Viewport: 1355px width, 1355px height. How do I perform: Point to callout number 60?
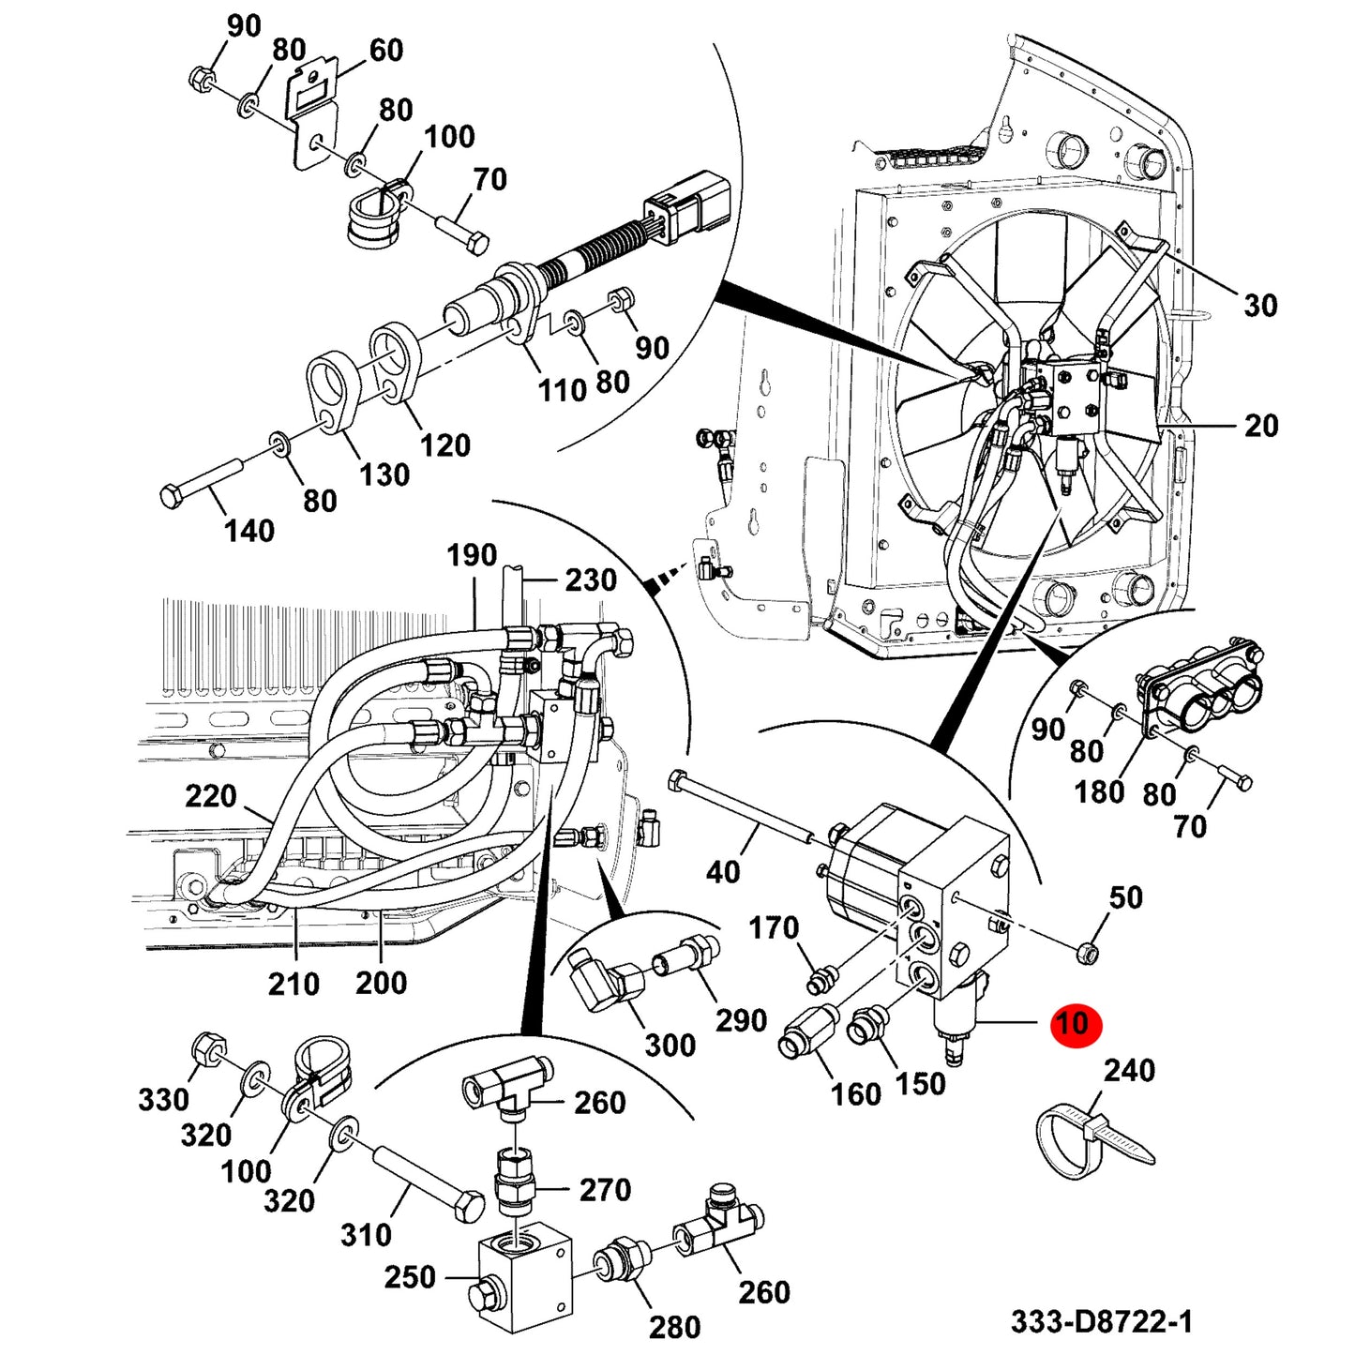385,50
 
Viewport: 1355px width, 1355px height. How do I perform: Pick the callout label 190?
472,555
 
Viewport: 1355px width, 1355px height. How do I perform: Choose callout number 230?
592,580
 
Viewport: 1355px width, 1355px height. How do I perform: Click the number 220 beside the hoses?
211,796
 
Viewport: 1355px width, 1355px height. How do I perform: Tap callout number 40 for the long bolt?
723,872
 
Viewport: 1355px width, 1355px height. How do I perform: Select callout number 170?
774,928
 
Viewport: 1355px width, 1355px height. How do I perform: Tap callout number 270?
605,1190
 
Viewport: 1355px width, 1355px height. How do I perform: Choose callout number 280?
675,1327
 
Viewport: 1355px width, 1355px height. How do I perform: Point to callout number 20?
1260,426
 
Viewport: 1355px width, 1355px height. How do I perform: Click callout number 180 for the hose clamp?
1101,792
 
